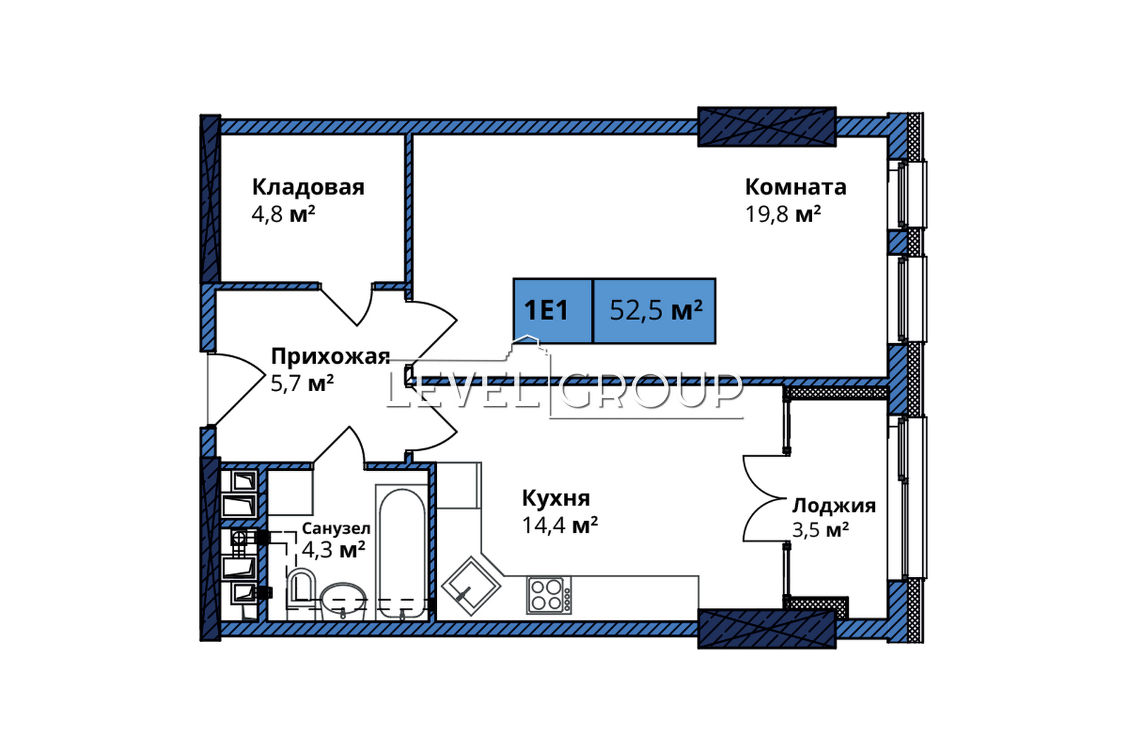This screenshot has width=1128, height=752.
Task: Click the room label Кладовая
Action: (308, 187)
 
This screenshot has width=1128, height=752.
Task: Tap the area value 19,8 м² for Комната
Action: (783, 214)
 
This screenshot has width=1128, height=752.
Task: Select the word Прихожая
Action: (331, 357)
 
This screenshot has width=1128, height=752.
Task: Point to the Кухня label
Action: (556, 498)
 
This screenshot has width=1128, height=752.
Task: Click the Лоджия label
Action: (835, 505)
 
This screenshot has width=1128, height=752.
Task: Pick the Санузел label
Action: (336, 529)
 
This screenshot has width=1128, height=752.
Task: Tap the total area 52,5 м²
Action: (656, 311)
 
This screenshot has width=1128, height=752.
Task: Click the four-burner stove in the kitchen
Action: (549, 596)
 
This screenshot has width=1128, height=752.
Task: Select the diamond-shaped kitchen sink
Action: (471, 586)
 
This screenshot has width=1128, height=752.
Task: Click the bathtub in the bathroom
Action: (402, 552)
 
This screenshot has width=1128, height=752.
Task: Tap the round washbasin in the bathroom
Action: (343, 601)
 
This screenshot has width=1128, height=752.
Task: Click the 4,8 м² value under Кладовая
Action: (283, 214)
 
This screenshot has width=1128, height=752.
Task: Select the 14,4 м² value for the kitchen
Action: (560, 526)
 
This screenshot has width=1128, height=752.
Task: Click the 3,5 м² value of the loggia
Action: (821, 530)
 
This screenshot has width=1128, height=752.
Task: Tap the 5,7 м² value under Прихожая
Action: (302, 383)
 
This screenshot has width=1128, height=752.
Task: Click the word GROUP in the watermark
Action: (651, 390)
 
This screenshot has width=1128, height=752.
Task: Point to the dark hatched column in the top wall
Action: (767, 127)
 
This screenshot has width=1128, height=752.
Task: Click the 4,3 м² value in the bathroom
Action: (333, 550)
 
